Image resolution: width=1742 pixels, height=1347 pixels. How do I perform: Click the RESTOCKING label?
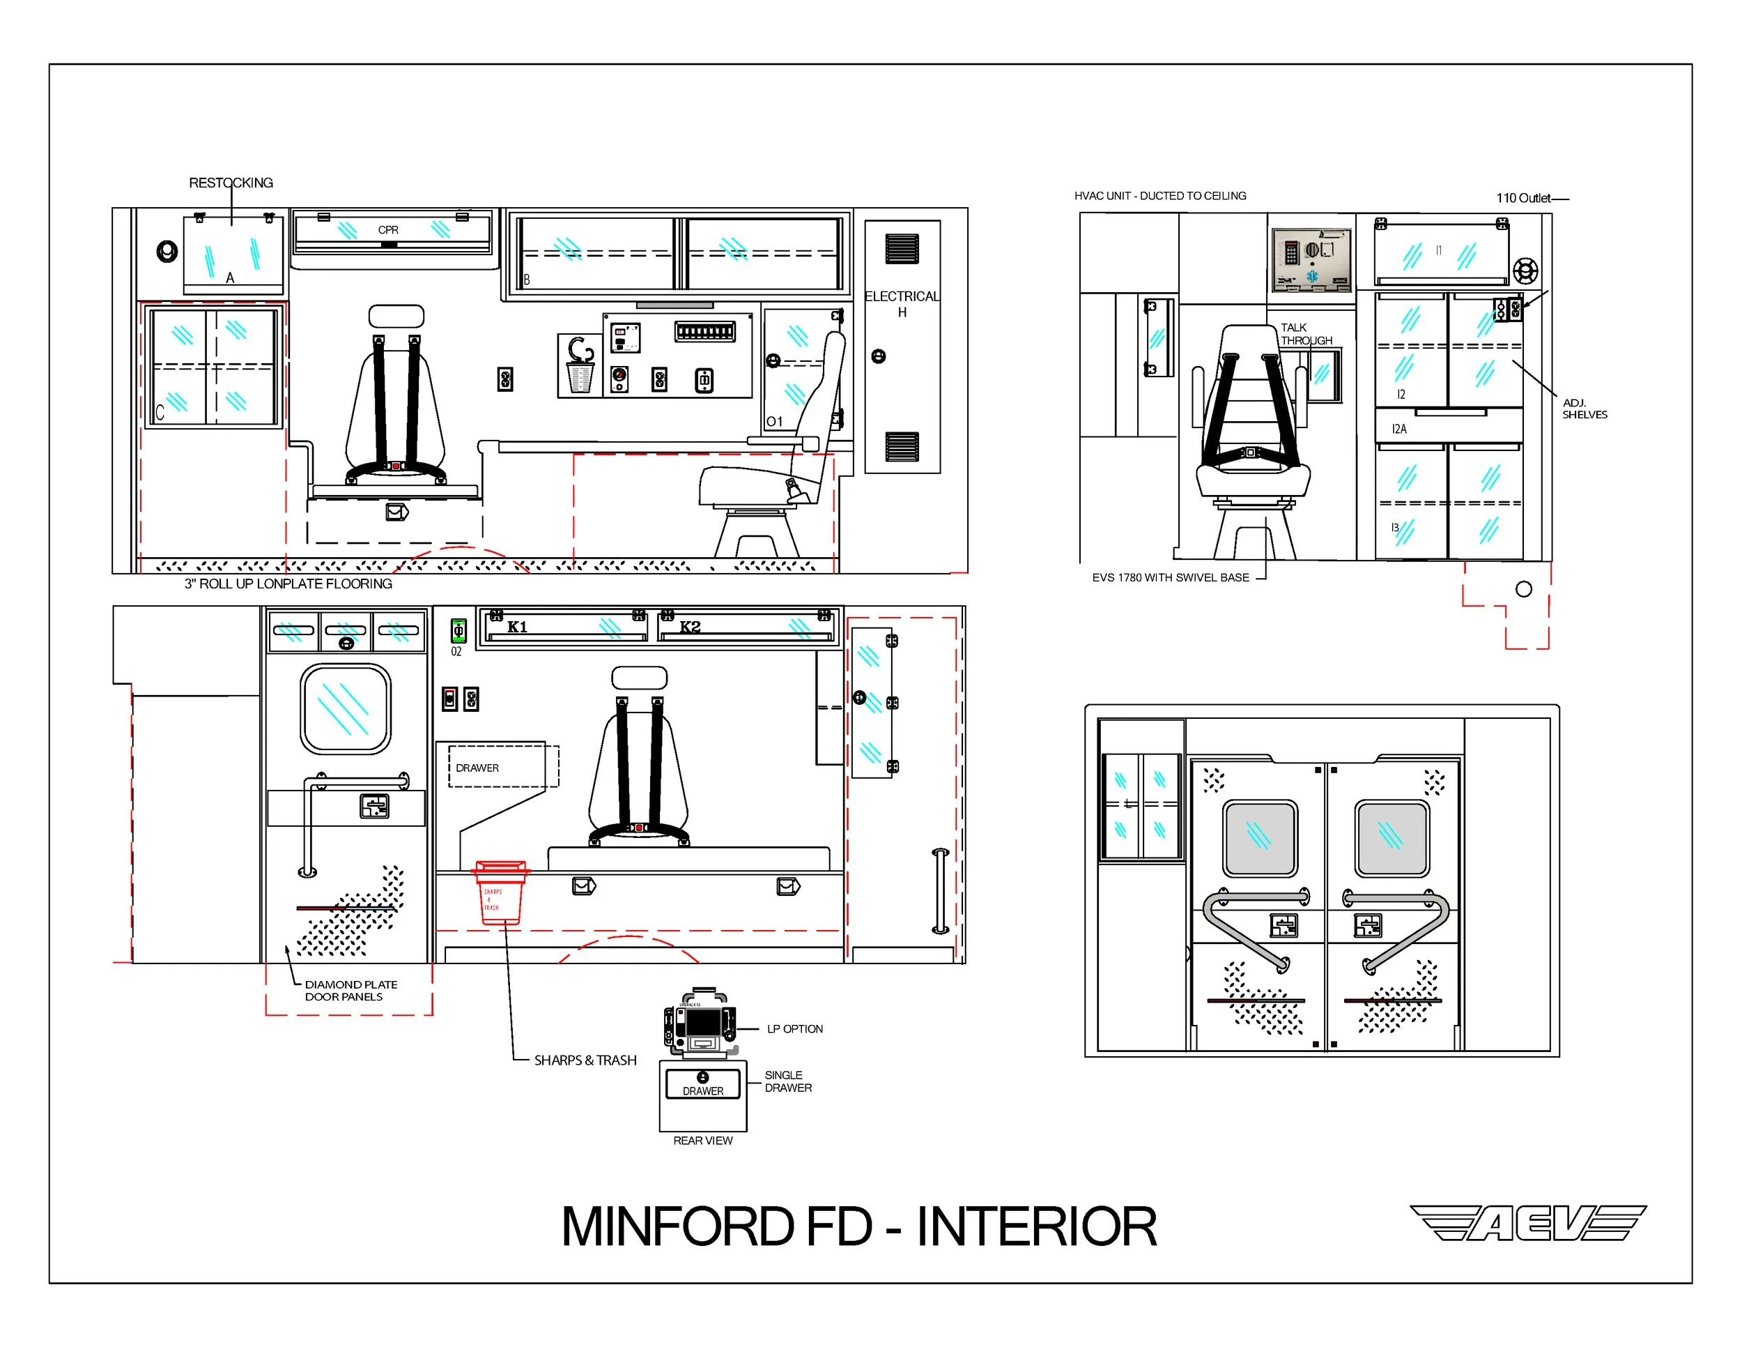[x=231, y=183]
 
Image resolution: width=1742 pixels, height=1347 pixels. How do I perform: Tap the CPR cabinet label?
[x=387, y=230]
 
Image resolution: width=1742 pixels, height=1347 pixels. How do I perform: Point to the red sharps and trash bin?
[x=500, y=894]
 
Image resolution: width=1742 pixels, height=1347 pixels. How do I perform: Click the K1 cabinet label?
[x=517, y=627]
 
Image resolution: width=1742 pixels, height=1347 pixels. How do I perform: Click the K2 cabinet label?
[x=690, y=627]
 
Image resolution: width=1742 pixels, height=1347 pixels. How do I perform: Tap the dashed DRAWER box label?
[x=477, y=768]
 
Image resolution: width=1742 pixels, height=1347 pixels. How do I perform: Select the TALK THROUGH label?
[x=1305, y=333]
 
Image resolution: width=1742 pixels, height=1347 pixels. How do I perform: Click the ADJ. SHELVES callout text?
[x=1584, y=409]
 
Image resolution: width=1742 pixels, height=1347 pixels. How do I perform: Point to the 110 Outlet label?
[x=1523, y=198]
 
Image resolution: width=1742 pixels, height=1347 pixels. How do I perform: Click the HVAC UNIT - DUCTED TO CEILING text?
[x=1159, y=195]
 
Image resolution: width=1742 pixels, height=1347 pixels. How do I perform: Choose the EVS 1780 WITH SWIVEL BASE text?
[x=1170, y=578]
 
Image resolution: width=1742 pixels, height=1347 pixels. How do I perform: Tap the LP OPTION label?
[x=794, y=1028]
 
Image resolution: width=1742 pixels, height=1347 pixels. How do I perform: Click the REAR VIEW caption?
[x=702, y=1141]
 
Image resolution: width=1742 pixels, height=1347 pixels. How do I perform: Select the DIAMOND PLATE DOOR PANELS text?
[x=350, y=990]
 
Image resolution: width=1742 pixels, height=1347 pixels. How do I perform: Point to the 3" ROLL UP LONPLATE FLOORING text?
[x=288, y=584]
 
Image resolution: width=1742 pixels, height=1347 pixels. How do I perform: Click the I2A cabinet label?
[x=1399, y=429]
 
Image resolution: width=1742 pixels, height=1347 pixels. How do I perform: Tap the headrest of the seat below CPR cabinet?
[x=396, y=316]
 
